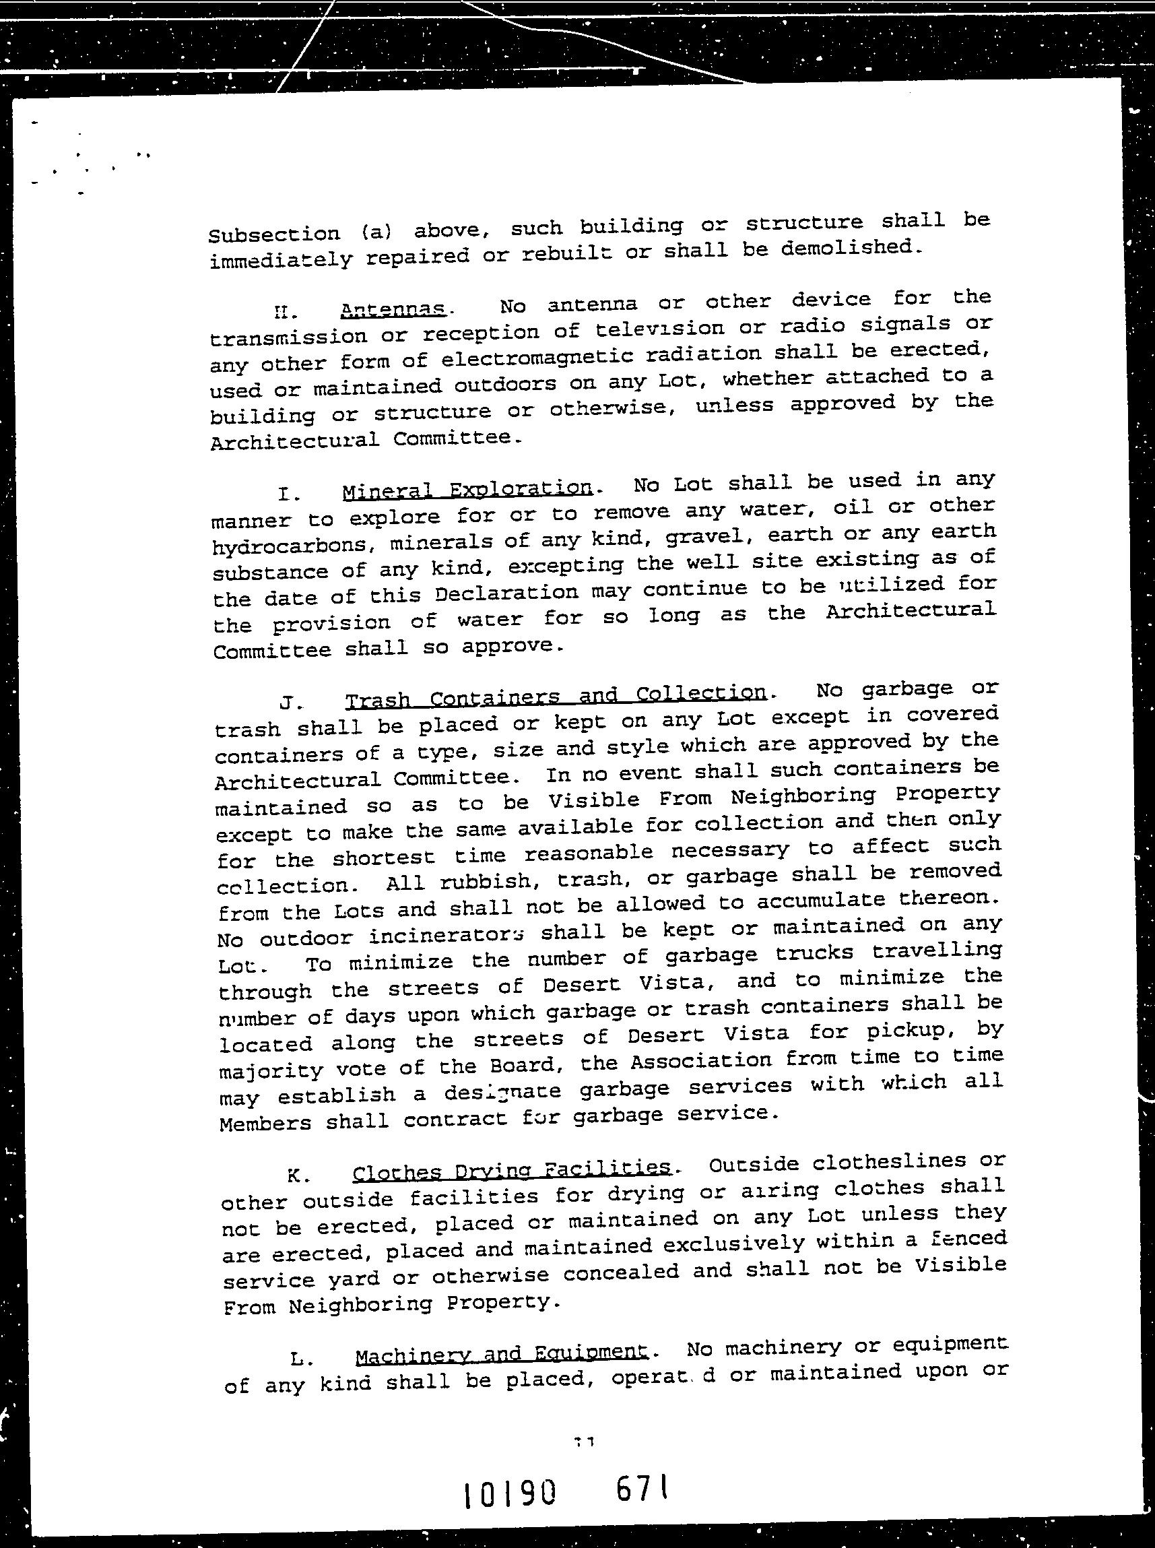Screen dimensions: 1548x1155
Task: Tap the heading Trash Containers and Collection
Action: click(x=556, y=697)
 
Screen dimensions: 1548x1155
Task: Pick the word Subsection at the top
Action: click(x=274, y=234)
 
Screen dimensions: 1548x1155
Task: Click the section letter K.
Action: click(x=294, y=1175)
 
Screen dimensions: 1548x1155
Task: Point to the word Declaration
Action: click(x=506, y=593)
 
